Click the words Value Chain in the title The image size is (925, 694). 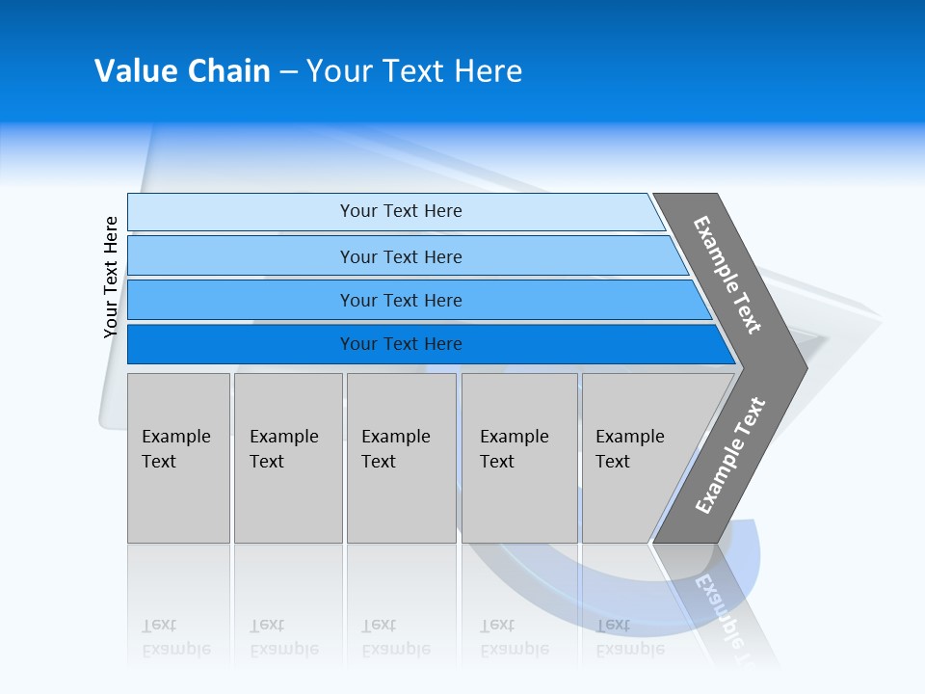point(182,71)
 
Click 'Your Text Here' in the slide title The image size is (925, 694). point(413,71)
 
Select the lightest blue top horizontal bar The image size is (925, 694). point(241,212)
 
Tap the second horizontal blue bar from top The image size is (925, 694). point(241,256)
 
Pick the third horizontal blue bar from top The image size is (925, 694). point(241,301)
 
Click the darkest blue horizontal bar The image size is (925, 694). point(241,344)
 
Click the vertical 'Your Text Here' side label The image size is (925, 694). point(111,277)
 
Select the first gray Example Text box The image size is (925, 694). point(178,458)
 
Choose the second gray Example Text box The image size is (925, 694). point(288,458)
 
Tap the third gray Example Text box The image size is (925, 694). point(401,458)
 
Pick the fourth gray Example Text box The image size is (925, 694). point(519,458)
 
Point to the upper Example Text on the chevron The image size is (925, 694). point(727,275)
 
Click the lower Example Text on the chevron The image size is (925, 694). point(730,456)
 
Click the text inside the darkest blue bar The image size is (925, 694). point(401,344)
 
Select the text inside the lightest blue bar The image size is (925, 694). point(401,211)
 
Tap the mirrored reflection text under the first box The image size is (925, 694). point(175,637)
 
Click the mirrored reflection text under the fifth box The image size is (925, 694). point(629,637)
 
